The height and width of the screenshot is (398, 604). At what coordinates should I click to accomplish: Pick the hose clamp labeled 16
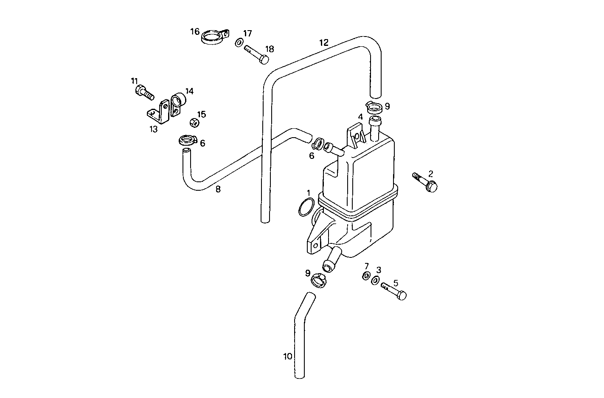coord(214,37)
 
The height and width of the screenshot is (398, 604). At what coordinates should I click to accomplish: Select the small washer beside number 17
coord(239,42)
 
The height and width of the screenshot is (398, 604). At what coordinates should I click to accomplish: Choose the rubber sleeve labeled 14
coord(178,102)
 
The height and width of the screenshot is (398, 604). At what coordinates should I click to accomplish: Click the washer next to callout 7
coord(365,277)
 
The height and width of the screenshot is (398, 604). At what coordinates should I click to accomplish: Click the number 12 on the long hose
coord(324,42)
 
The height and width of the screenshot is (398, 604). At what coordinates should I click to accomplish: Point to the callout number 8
coord(218,189)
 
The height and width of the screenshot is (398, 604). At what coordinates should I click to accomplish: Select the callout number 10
coord(287,356)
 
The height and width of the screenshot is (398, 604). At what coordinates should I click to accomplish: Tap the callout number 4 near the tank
coord(360,116)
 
